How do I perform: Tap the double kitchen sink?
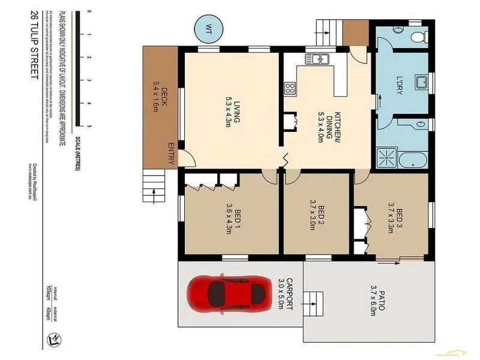point(316,59)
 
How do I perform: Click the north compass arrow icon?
point(53,340)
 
